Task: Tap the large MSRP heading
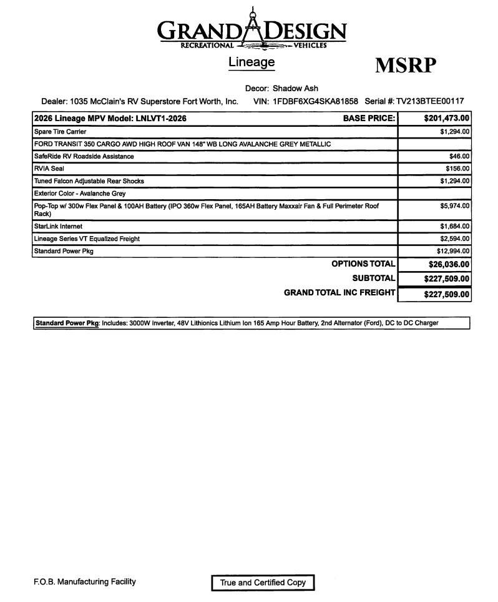pos(405,66)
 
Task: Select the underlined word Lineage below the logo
pos(251,62)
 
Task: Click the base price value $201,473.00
pos(446,118)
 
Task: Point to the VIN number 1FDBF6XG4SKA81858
pos(315,101)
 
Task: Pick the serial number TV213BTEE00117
pos(430,101)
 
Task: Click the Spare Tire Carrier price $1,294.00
pos(454,132)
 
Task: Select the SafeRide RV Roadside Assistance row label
pos(84,156)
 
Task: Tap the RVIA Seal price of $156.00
pos(457,169)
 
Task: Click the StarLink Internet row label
pos(58,227)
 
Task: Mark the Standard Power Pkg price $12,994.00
pos(453,251)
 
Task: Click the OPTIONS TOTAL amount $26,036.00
pos(446,265)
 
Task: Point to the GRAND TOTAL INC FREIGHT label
pos(339,292)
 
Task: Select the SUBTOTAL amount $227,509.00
pos(446,279)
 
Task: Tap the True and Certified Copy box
pos(263,583)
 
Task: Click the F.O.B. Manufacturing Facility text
pos(85,582)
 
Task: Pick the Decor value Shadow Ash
pos(295,89)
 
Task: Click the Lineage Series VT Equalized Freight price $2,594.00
pos(454,239)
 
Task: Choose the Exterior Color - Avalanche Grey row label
pos(80,194)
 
